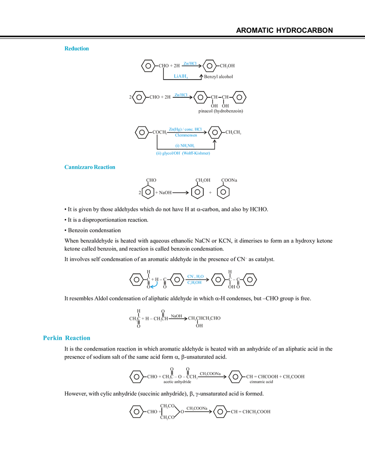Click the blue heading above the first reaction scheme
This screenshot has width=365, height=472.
tap(77, 49)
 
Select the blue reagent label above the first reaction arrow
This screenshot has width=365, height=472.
tap(190, 63)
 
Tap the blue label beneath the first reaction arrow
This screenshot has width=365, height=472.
tap(181, 76)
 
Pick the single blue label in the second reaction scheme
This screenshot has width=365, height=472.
tap(181, 94)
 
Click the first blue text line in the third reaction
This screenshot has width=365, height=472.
tap(185, 129)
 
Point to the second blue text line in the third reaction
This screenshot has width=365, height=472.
tap(185, 135)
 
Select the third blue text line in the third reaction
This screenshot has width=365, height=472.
tap(185, 145)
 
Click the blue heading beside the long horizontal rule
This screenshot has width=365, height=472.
tap(89, 167)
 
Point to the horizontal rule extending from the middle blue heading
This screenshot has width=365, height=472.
tap(241, 170)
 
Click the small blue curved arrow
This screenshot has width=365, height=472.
tap(153, 285)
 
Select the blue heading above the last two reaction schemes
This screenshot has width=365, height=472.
tap(66, 338)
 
